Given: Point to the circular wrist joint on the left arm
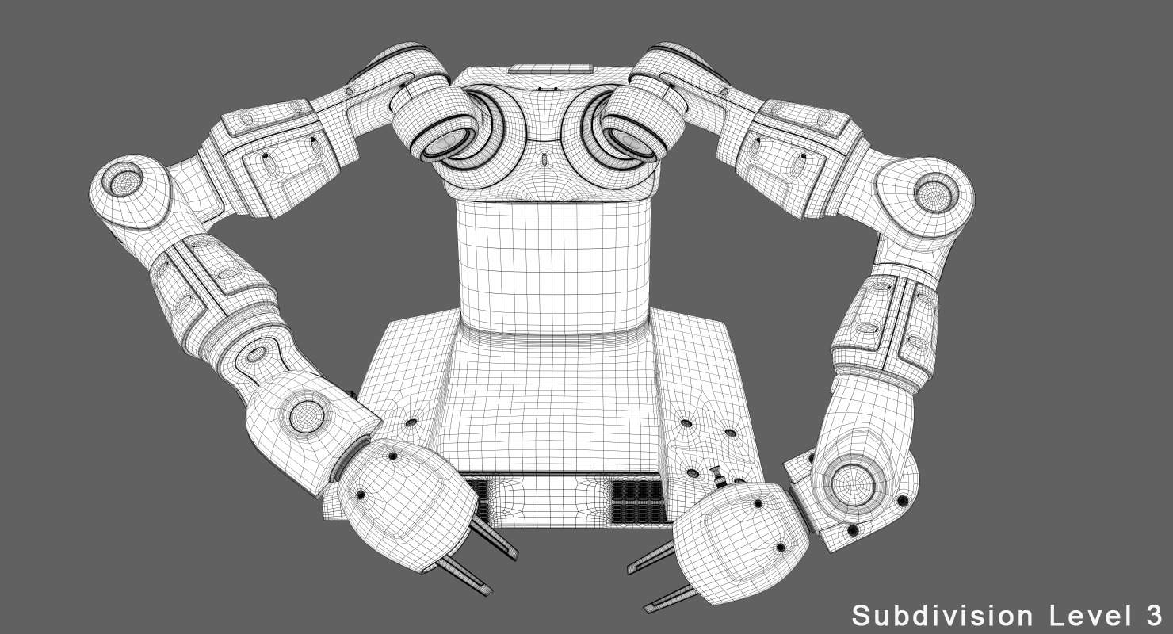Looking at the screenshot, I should click(305, 416).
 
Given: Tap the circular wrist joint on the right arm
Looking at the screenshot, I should click(852, 480).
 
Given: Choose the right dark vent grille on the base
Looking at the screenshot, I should click(638, 502).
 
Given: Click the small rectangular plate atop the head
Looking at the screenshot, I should click(549, 69).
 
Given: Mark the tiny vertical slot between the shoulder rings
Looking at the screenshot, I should click(543, 158).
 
